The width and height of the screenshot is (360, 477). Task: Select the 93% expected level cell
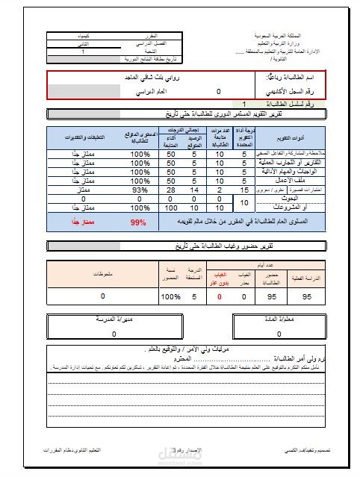(x=139, y=190)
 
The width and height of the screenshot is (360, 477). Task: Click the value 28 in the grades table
(x=170, y=190)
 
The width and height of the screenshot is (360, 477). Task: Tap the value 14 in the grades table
(x=194, y=190)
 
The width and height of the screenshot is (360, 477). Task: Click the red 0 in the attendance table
(x=220, y=296)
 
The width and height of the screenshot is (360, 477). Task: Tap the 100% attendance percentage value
(x=171, y=296)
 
